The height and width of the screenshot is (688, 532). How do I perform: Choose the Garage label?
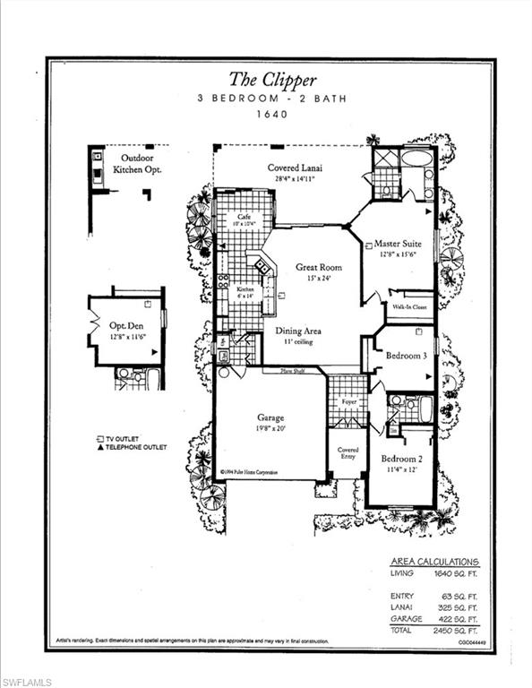click(270, 417)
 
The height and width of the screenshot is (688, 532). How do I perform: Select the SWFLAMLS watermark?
click(27, 682)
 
